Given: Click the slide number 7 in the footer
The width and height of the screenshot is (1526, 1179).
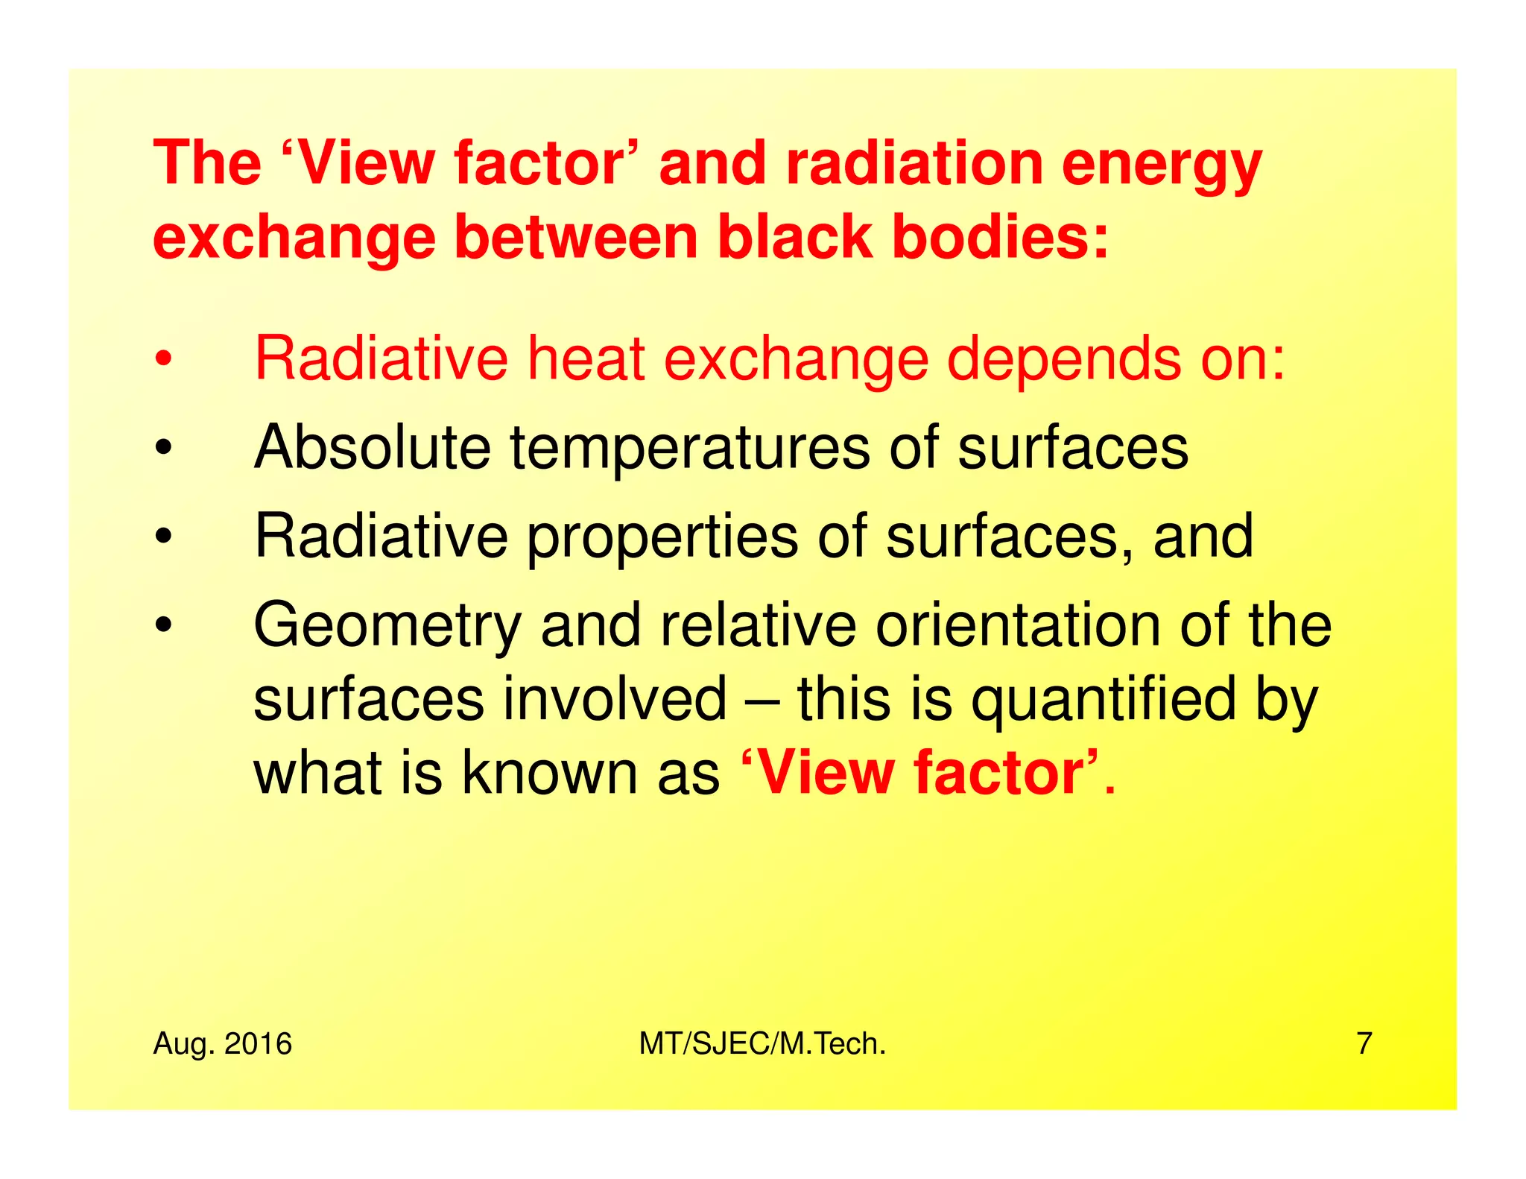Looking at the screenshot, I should click(x=1364, y=1044).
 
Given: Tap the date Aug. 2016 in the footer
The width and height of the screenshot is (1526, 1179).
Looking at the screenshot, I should click(x=222, y=1044).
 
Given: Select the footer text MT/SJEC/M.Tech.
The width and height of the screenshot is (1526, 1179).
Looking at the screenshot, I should click(x=762, y=1044).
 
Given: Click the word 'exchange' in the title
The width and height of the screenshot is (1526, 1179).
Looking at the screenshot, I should click(x=294, y=240).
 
